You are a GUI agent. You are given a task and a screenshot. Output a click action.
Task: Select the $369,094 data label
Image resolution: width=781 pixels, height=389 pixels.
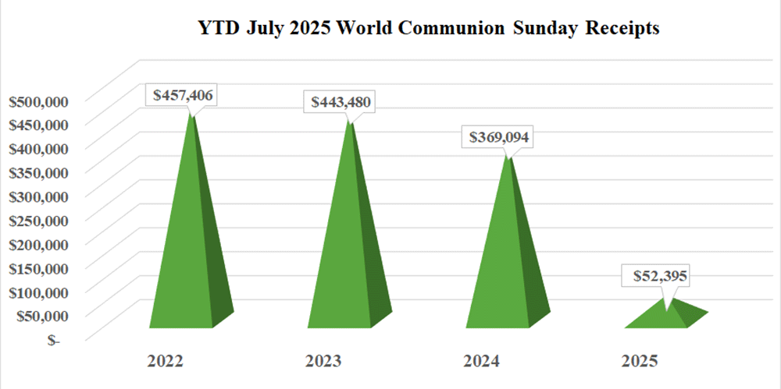point(500,137)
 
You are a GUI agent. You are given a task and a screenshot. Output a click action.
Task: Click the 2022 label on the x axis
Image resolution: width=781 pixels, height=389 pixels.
point(165,362)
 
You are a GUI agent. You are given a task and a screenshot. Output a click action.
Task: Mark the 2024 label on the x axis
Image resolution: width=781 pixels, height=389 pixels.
point(482,362)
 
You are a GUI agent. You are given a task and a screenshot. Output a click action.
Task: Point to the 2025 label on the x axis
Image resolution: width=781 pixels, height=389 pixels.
point(640,362)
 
